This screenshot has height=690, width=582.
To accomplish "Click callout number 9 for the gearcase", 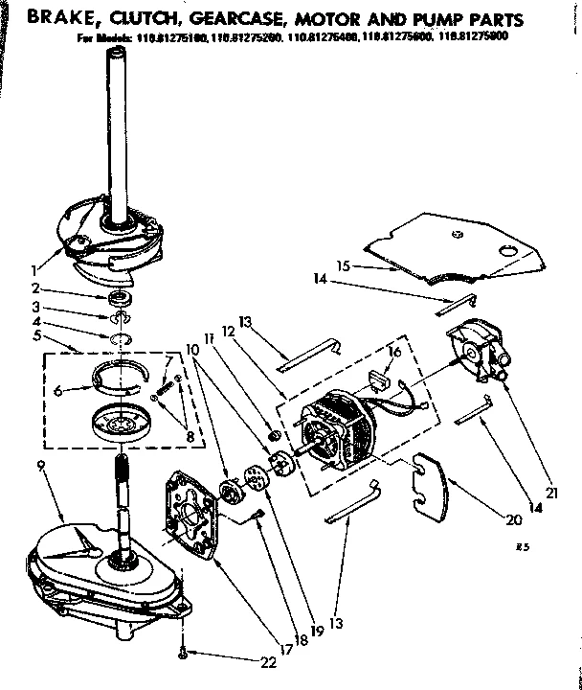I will point(42,467).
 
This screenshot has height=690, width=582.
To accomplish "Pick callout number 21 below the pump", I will point(550,493).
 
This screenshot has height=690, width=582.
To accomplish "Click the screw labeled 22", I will point(181,655).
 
